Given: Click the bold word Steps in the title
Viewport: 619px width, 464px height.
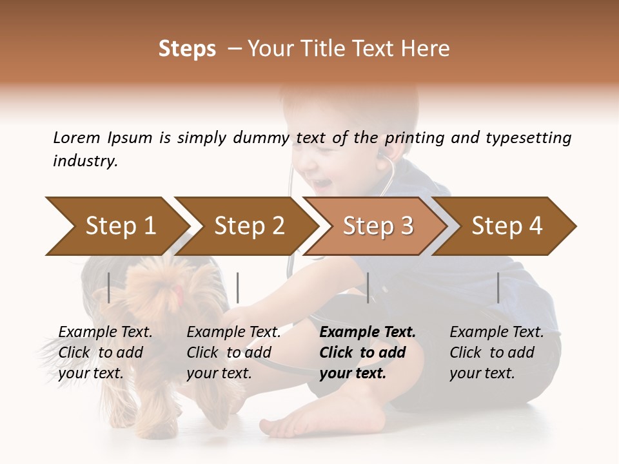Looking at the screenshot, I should coord(187,49).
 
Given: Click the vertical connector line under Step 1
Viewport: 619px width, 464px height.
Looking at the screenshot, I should coord(109,287).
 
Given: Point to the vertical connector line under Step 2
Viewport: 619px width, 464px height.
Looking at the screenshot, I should coord(238,287).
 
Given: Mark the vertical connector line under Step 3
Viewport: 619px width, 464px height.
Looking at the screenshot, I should coord(368,287).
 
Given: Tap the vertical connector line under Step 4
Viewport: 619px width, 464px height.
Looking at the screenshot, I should coord(498,287).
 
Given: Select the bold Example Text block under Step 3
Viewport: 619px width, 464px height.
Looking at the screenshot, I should coord(368,353).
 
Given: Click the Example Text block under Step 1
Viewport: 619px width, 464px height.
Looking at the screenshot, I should coord(105,353).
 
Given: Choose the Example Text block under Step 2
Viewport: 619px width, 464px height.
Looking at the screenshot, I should coord(233,353).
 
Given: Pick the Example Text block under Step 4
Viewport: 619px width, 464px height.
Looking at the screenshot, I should coord(496,353).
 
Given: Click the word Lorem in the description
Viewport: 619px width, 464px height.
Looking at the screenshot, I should coord(77,138).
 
